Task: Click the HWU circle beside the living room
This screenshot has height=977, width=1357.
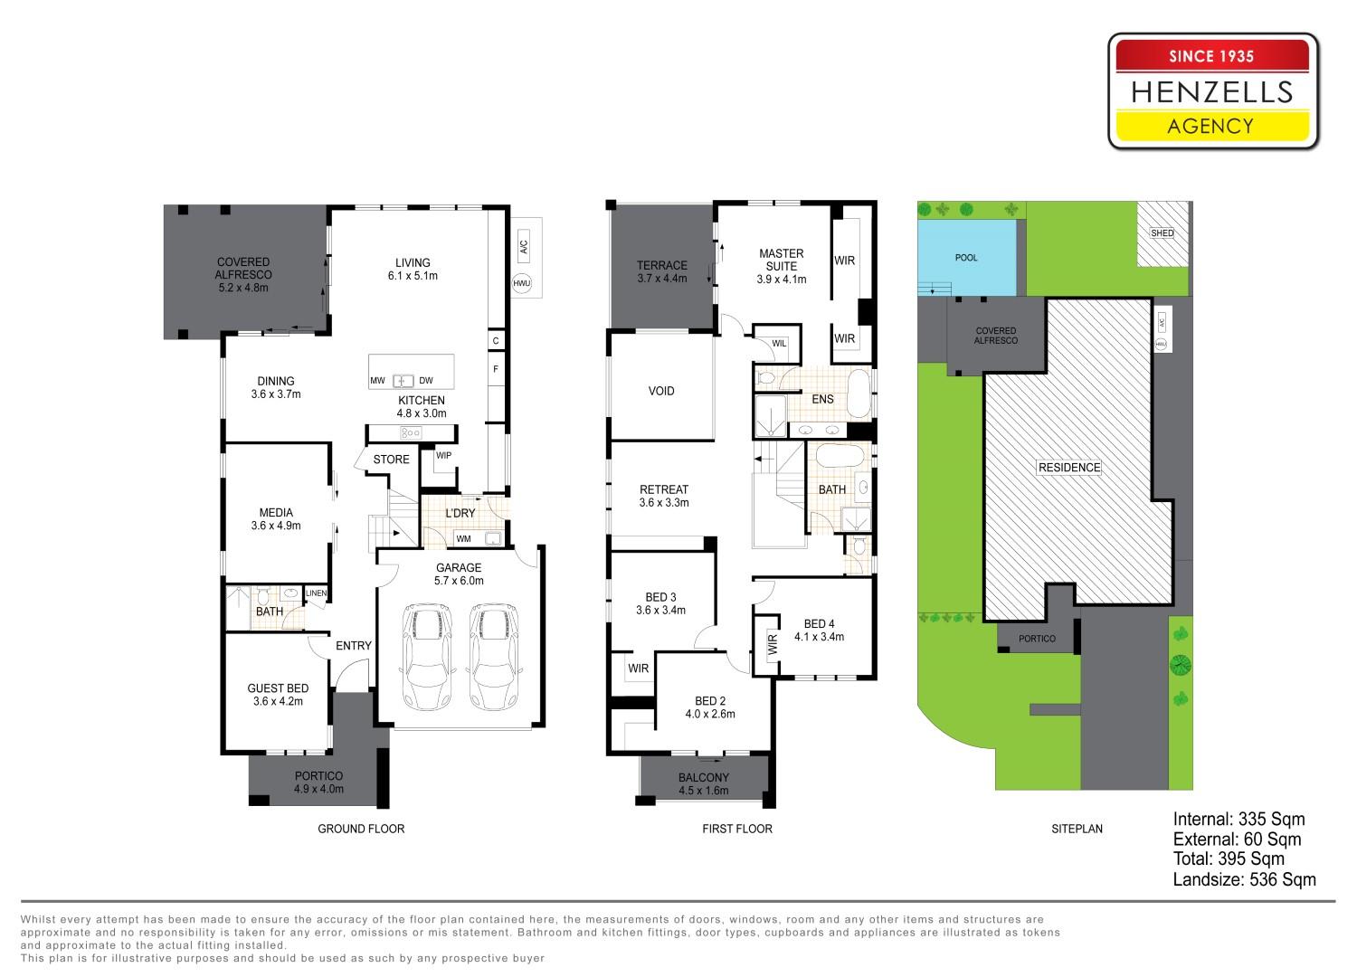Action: point(522,283)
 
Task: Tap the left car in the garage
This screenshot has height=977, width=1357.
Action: point(428,657)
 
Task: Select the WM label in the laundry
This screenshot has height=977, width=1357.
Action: point(463,539)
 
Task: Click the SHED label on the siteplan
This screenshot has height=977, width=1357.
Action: point(1162,233)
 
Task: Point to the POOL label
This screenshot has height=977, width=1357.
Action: point(966,258)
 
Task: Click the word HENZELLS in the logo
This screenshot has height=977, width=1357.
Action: point(1211,92)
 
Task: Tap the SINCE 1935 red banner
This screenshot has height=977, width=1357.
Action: point(1211,56)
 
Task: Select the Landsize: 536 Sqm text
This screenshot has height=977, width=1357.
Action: point(1244,879)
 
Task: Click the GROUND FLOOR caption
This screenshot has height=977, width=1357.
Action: point(361,829)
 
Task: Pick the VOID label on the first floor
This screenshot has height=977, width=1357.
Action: point(661,392)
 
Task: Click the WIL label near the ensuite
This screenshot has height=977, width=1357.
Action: point(779,344)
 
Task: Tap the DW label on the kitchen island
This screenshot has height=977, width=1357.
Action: point(426,381)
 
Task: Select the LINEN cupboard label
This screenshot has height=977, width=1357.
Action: point(317,593)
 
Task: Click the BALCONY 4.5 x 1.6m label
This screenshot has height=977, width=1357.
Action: point(703,783)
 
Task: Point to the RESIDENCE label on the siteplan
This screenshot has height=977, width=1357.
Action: point(1069,468)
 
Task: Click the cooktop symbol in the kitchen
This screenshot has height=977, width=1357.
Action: point(411,433)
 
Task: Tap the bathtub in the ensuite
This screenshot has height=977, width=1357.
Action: point(858,394)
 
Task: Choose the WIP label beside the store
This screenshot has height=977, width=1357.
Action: point(443,456)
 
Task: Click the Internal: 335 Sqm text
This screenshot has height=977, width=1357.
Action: point(1238,819)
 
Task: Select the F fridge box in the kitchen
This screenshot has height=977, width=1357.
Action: point(496,369)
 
